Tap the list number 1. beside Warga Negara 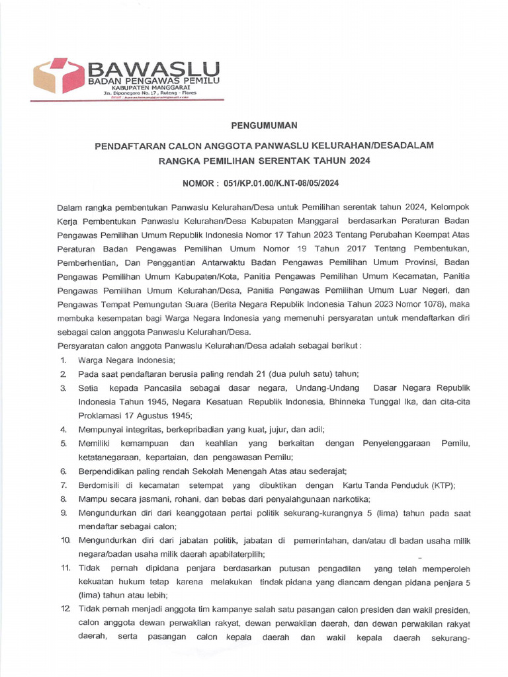point(63,360)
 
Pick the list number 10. point(65,540)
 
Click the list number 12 point(65,610)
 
